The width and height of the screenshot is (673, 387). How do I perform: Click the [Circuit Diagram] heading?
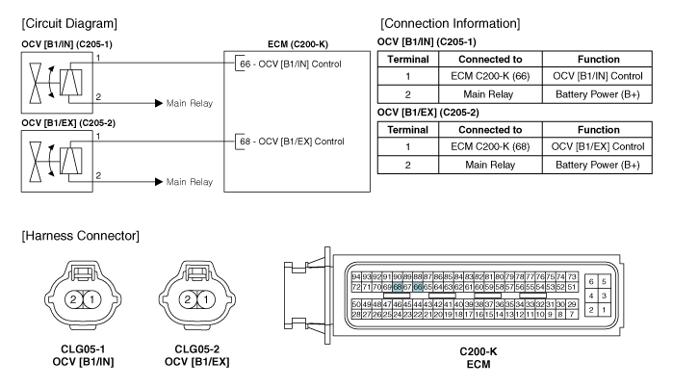pos(69,23)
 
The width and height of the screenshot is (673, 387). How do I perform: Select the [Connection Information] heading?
pos(451,23)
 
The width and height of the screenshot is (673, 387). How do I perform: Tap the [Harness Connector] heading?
pos(81,236)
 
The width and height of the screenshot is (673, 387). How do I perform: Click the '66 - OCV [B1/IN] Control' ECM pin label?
pos(291,64)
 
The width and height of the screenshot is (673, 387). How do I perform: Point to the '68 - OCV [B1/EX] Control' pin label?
pos(292,142)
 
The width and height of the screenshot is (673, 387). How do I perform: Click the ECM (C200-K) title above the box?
pos(298,44)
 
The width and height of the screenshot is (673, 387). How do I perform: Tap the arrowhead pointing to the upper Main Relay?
pos(159,103)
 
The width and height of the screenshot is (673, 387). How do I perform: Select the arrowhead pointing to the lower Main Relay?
pos(159,182)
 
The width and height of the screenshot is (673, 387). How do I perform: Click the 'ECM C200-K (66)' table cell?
pos(490,76)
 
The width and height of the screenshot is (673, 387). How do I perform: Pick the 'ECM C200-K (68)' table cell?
pos(490,146)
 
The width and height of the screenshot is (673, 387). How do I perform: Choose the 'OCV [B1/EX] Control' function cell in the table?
pos(598,146)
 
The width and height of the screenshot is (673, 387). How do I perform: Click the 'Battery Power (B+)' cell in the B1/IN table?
pos(598,94)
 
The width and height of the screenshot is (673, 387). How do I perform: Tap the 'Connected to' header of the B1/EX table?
pos(490,130)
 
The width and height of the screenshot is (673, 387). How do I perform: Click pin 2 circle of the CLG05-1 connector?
pos(73,299)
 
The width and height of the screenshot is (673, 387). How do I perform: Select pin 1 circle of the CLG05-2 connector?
pos(206,299)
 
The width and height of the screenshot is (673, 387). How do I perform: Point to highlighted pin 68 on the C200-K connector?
pos(398,287)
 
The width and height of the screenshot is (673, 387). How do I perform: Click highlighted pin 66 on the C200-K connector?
pos(418,287)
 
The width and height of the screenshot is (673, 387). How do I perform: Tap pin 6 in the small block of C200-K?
pos(591,281)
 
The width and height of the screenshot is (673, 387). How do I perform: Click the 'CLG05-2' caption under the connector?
pos(197,349)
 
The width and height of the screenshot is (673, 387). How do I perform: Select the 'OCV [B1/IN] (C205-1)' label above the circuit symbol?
pos(67,44)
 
